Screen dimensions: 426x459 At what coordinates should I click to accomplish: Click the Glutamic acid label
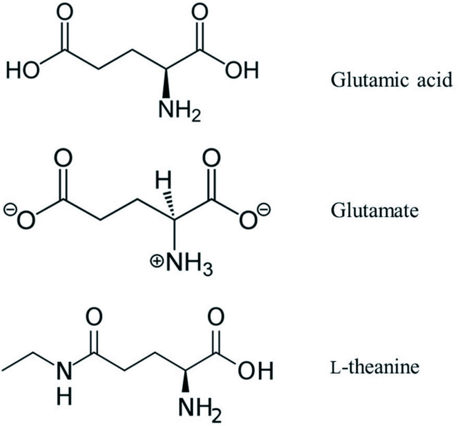coord(392,81)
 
